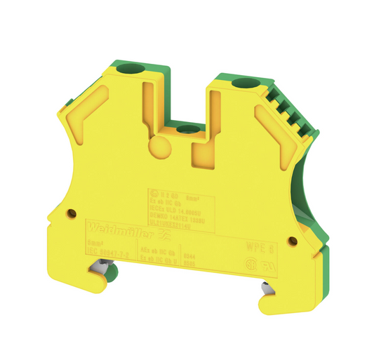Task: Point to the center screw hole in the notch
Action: point(187,129)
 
